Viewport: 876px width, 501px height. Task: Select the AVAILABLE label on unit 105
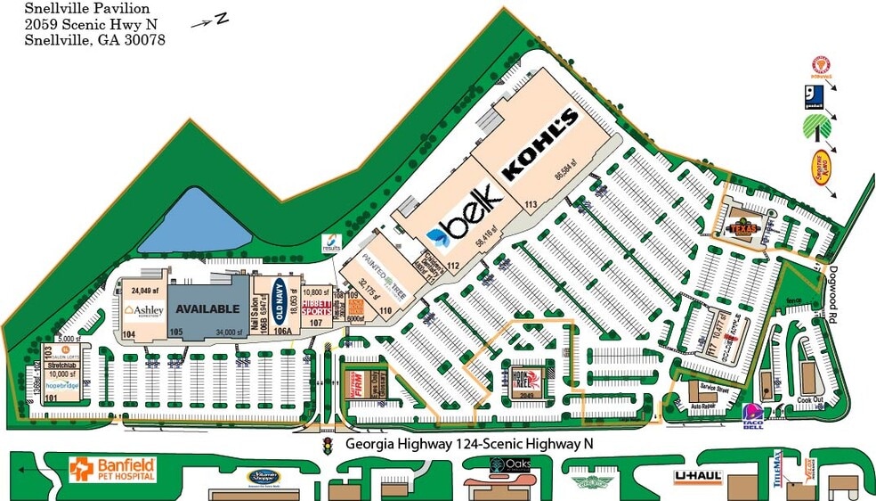point(207,308)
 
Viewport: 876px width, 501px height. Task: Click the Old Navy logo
point(280,300)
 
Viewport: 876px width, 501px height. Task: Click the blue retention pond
point(196,220)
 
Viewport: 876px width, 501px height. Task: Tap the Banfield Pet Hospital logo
point(113,469)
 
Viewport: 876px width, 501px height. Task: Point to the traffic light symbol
point(328,443)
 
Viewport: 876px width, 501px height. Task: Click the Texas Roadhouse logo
point(744,228)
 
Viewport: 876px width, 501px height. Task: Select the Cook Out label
point(812,401)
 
